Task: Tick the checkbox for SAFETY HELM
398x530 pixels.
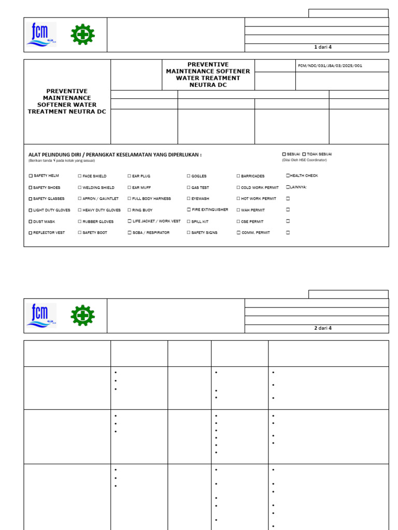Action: click(x=31, y=176)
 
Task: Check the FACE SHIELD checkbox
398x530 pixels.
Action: click(x=80, y=176)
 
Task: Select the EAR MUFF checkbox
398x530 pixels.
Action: click(x=130, y=187)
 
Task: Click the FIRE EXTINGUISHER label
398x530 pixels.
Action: click(x=209, y=210)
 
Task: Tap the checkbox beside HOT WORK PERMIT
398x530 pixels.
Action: click(x=238, y=199)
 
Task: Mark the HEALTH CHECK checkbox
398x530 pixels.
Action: click(x=288, y=175)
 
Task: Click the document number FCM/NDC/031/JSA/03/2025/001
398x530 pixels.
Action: click(x=330, y=66)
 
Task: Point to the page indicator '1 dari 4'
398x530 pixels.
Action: click(x=322, y=47)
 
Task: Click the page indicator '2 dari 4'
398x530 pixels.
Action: click(x=322, y=328)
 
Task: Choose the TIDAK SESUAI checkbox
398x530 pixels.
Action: click(x=304, y=154)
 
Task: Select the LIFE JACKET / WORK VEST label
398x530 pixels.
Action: click(x=156, y=221)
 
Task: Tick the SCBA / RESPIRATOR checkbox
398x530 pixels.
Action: click(x=130, y=233)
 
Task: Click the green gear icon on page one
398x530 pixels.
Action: click(x=82, y=35)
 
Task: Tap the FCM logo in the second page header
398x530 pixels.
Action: click(x=41, y=316)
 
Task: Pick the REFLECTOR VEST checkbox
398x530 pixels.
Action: click(x=31, y=233)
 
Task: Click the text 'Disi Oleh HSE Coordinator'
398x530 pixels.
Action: click(x=304, y=160)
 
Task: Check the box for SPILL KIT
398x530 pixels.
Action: click(x=189, y=222)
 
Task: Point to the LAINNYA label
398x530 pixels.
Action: click(x=298, y=187)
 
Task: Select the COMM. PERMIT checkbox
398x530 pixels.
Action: click(x=238, y=233)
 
